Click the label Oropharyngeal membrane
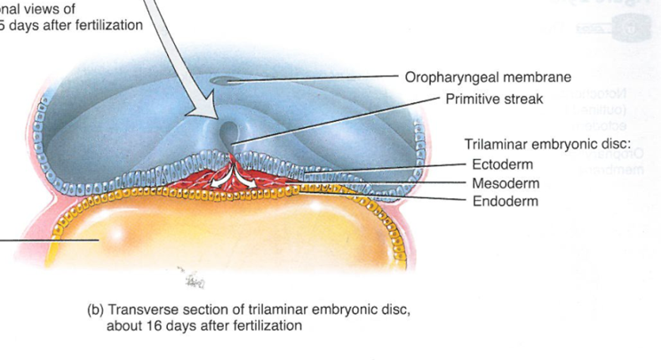488,77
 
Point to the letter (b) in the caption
95,311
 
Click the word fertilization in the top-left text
103,25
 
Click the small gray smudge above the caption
192,281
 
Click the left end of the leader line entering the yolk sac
2,240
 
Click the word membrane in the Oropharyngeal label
539,77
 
